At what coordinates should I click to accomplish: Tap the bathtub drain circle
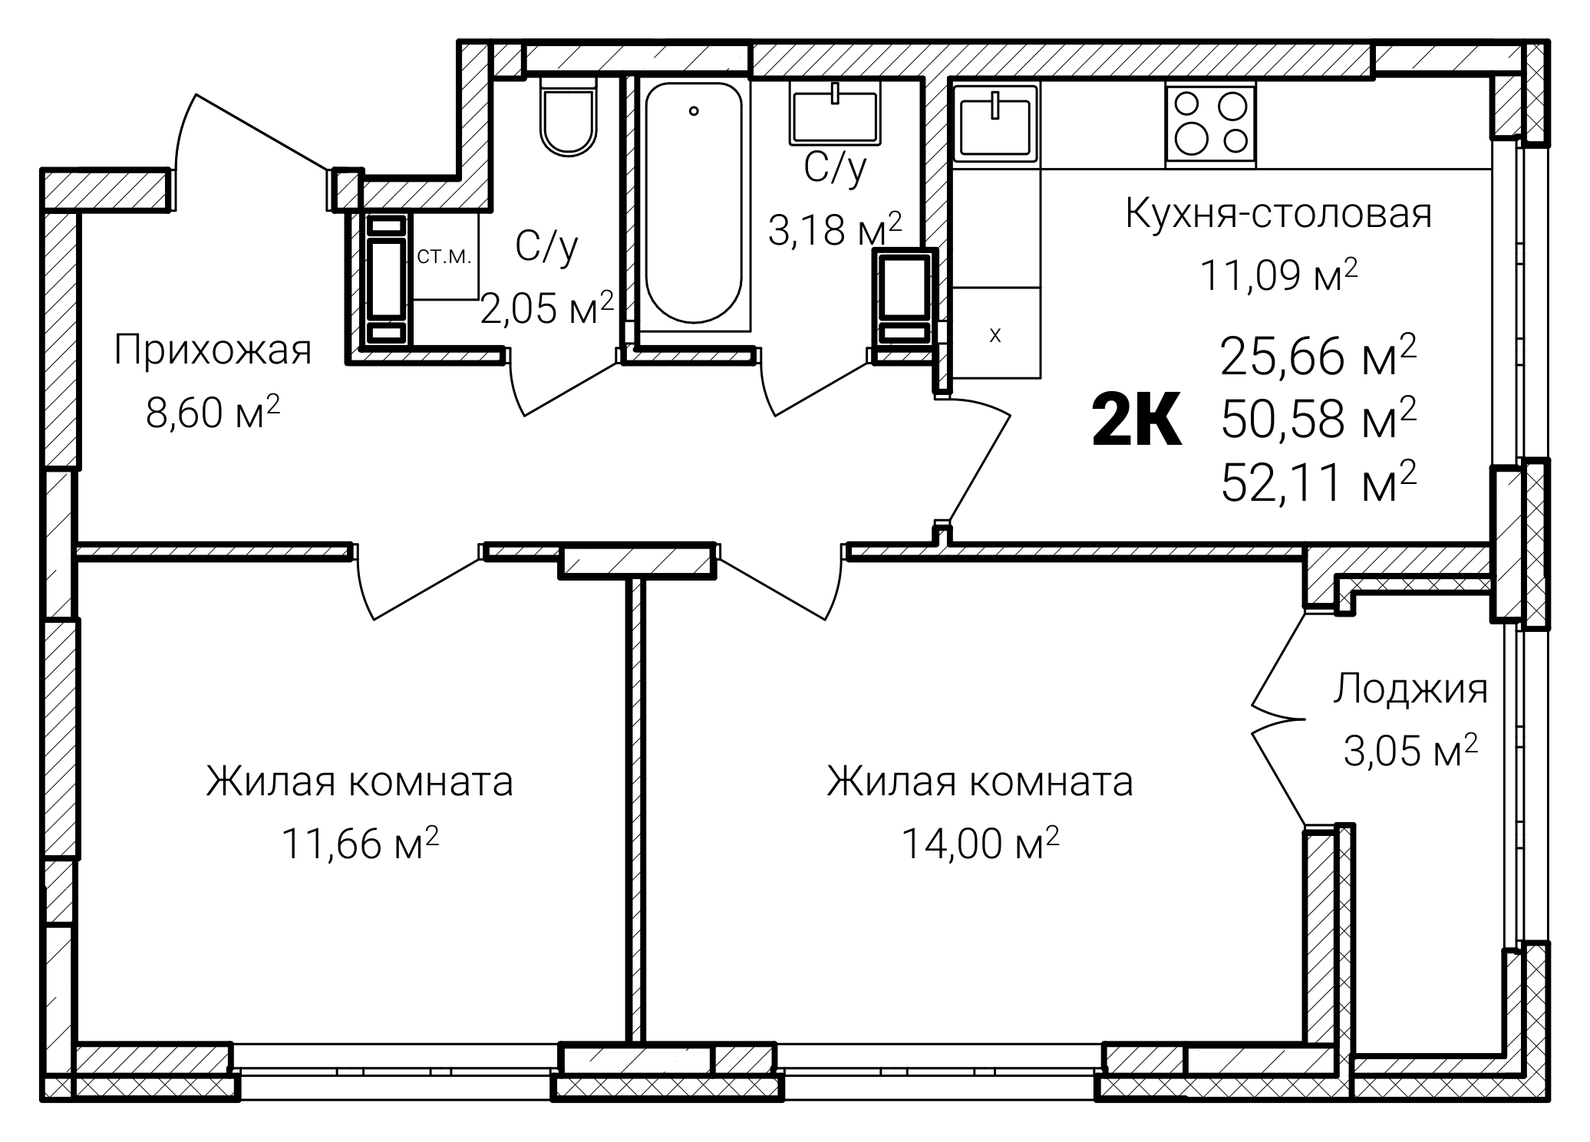tap(694, 111)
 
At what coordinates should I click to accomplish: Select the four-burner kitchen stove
tap(1210, 126)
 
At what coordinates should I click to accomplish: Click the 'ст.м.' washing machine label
tap(444, 255)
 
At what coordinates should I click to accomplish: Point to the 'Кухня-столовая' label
tap(1278, 214)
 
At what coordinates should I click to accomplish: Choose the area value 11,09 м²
tap(1278, 275)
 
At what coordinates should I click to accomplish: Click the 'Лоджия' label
tap(1410, 689)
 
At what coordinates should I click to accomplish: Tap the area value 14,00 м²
tap(980, 844)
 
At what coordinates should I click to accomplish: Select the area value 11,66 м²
tap(360, 844)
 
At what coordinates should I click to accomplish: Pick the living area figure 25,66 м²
tap(1318, 356)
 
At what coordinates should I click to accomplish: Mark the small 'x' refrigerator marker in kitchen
tap(995, 336)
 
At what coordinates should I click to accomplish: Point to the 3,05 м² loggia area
tap(1410, 750)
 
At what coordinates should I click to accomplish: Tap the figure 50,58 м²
tap(1318, 420)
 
